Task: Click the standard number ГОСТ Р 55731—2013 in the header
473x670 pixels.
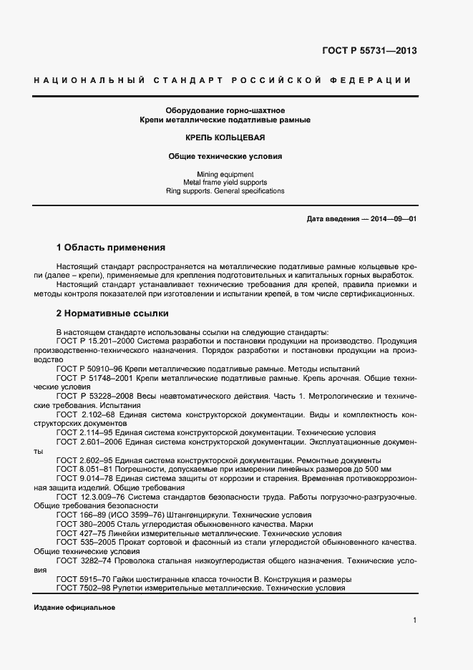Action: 370,51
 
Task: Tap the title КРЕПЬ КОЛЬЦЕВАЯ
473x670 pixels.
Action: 225,137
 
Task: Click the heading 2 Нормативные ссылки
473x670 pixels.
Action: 112,313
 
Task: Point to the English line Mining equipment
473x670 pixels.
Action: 225,174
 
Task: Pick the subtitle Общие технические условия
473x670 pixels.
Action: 225,155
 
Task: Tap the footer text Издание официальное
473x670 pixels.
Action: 74,607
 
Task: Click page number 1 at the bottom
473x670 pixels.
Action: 415,620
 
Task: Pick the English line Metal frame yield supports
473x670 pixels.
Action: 225,183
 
